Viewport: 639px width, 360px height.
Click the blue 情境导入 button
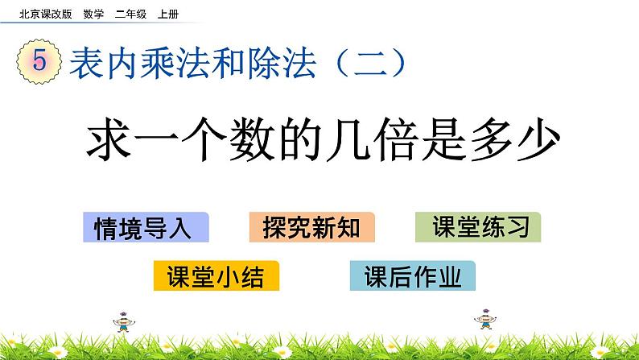coord(146,228)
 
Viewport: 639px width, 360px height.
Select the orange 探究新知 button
coord(312,228)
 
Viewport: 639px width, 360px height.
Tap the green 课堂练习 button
coord(478,228)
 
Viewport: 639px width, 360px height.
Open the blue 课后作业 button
coord(413,276)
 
